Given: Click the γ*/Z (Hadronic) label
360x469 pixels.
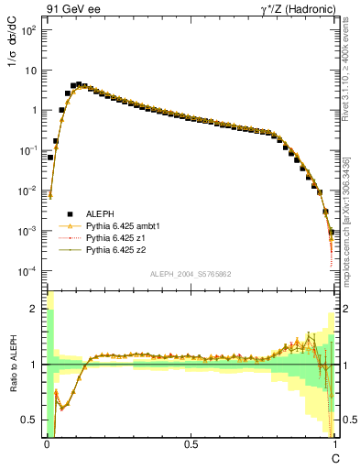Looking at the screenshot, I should tap(292, 8).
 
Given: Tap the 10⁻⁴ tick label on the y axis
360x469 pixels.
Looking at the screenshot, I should tap(28, 272).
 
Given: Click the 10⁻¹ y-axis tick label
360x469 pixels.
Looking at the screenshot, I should tap(28, 150).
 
